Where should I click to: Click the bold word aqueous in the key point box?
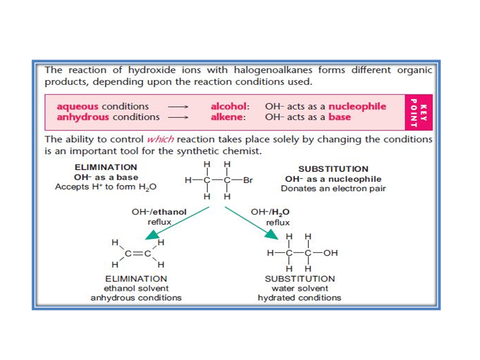pos(78,106)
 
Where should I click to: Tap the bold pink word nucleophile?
pos(357,106)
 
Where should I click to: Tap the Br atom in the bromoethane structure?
pos(247,180)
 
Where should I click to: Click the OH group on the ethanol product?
pos(330,253)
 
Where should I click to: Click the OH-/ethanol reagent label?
pos(159,212)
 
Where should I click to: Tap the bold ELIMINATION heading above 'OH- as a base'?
pos(105,167)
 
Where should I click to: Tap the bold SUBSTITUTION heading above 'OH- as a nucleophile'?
pos(333,169)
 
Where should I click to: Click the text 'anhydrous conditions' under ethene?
pos(136,298)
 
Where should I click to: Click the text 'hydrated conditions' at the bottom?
pos(299,298)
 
